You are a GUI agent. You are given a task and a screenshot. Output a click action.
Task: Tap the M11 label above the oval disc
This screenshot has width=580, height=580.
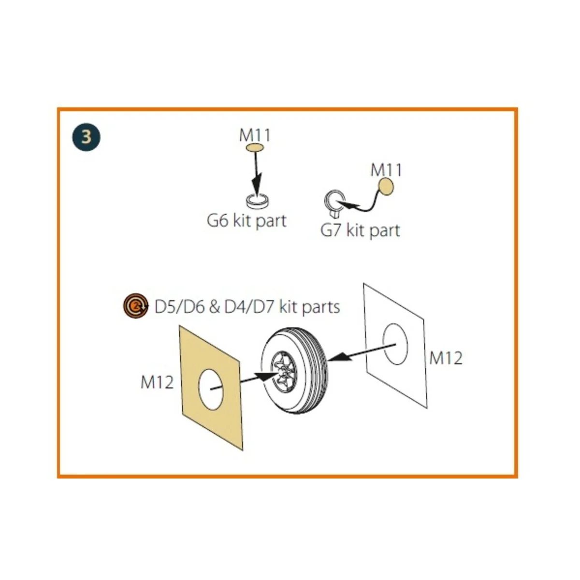click(255, 135)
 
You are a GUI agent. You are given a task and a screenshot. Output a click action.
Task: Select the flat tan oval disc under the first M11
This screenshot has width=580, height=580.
click(255, 148)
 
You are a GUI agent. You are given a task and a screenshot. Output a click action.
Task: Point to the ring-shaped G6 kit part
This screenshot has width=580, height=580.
click(257, 201)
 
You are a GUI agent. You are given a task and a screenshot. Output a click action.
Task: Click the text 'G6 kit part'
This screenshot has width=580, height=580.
click(246, 221)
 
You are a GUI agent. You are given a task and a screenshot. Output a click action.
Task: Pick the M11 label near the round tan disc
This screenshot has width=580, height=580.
click(386, 170)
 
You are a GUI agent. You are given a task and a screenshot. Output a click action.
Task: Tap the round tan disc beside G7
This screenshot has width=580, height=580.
click(386, 186)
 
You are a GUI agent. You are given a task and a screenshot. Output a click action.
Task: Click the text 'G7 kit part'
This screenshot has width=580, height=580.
click(360, 231)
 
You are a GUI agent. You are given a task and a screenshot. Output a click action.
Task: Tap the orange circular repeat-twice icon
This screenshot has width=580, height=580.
click(136, 306)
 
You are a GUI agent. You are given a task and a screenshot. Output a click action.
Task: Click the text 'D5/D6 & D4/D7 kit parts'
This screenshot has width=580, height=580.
click(247, 307)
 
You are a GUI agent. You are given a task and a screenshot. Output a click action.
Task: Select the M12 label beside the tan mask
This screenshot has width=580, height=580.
click(157, 382)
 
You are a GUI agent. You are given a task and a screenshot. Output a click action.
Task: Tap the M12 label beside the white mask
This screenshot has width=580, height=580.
click(446, 358)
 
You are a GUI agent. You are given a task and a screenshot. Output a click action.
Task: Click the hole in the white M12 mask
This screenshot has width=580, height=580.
click(395, 344)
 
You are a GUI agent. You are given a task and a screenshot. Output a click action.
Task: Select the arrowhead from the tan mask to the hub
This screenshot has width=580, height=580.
click(267, 377)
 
